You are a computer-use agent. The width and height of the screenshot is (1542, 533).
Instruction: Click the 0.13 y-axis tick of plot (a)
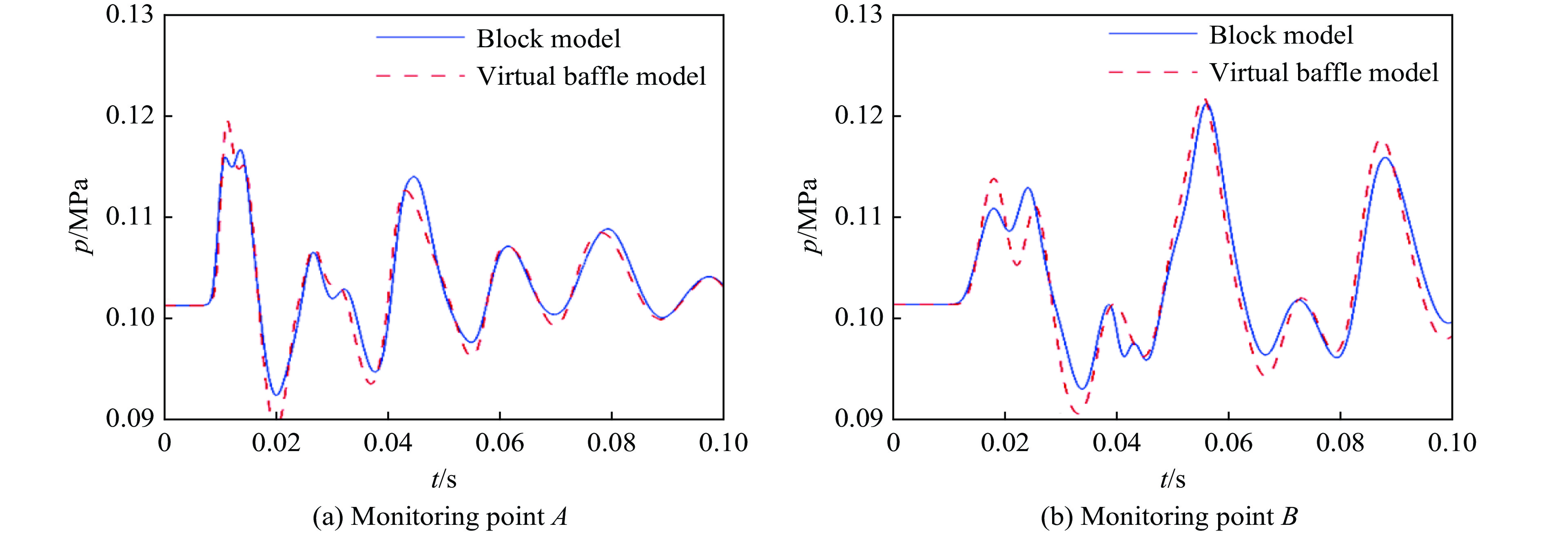coord(129,15)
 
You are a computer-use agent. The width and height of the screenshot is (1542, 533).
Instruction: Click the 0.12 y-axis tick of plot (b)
coord(858,116)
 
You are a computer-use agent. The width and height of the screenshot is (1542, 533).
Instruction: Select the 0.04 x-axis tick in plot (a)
coord(388,443)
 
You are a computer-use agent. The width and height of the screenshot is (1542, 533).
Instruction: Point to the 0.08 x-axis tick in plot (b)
coord(1340,443)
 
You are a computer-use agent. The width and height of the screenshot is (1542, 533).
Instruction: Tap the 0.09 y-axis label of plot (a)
coord(129,418)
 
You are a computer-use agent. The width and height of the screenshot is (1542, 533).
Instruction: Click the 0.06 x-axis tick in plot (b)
coord(1228,443)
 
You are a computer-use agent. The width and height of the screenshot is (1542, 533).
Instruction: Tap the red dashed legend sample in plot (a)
coord(420,76)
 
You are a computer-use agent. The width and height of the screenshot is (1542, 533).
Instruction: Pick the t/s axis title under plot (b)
coord(1172,478)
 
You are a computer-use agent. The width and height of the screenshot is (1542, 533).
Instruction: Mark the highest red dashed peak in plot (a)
coord(228,121)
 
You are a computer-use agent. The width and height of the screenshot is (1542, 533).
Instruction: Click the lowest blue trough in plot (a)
coord(276,395)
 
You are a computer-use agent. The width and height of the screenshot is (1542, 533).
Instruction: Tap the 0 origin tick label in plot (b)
coord(893,443)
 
